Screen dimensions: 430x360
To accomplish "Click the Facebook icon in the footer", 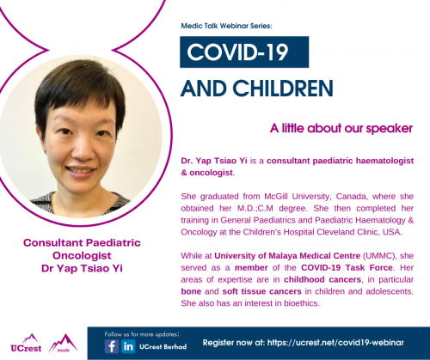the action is click(x=112, y=346).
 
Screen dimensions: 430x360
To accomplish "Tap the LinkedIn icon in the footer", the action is click(x=128, y=346).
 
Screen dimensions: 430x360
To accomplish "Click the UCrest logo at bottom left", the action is click(x=26, y=344).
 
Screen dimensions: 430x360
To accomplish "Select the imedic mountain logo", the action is click(x=63, y=343).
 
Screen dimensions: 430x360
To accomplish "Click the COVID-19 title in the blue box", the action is click(x=237, y=52).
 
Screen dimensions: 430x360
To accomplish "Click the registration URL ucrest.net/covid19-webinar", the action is click(x=335, y=343).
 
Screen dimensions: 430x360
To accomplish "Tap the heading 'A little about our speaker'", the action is click(x=341, y=128).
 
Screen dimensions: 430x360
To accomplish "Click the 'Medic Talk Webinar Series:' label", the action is click(x=226, y=26).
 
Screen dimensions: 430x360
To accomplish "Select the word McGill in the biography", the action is click(x=276, y=197).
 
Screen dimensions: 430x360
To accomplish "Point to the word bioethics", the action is click(x=302, y=303).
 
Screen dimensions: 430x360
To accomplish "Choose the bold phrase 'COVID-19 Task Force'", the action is click(x=347, y=267).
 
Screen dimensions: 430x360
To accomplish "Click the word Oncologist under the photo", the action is click(x=82, y=255).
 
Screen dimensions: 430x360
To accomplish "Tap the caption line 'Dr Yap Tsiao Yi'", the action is click(x=82, y=268).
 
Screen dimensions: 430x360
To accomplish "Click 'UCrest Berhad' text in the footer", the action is click(x=163, y=346).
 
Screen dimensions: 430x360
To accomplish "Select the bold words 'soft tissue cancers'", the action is click(x=261, y=291).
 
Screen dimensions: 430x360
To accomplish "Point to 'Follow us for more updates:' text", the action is click(x=142, y=334).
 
